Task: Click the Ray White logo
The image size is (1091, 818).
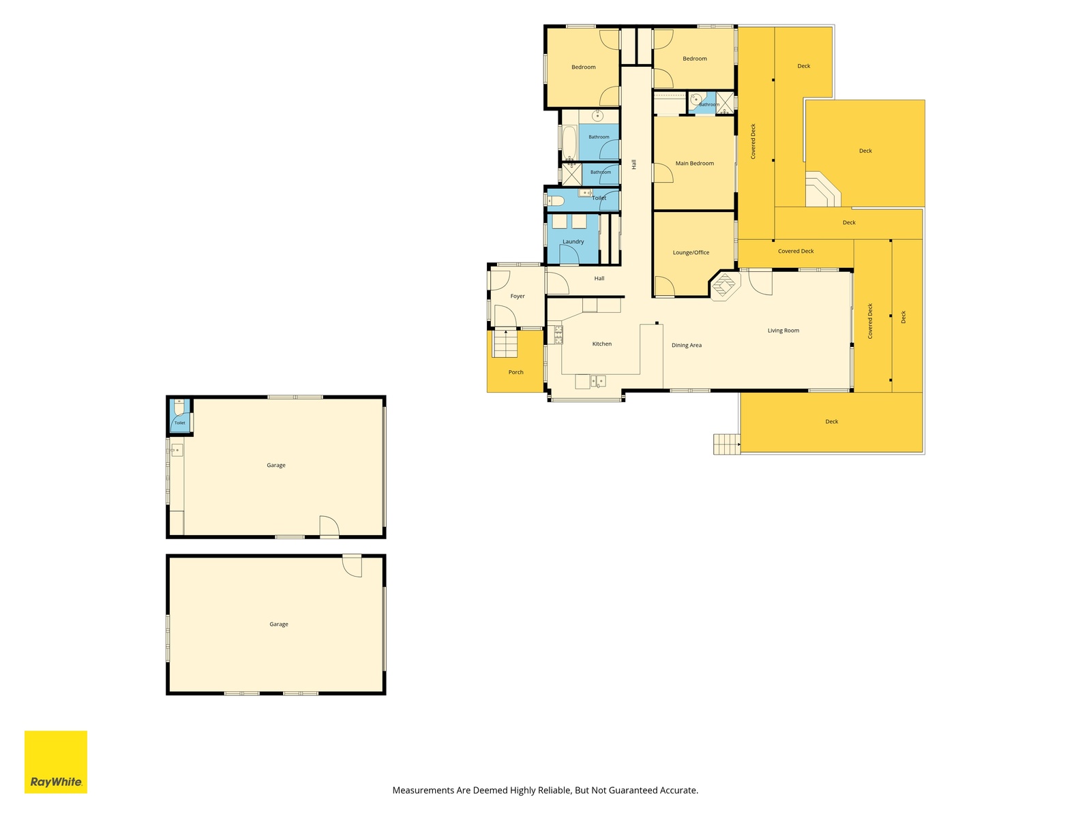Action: (56, 761)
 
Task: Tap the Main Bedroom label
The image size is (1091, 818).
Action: (694, 164)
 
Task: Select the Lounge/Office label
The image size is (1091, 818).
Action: (691, 252)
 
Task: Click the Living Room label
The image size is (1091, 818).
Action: (783, 331)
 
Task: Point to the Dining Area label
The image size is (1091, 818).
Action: (687, 345)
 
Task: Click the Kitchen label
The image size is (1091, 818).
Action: (602, 344)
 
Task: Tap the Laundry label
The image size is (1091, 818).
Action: (573, 242)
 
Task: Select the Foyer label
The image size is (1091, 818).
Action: (518, 296)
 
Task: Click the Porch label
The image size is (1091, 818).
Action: (516, 372)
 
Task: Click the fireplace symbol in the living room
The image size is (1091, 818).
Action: (725, 285)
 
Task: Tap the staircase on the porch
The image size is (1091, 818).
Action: (505, 344)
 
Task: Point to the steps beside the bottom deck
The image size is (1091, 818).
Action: (726, 444)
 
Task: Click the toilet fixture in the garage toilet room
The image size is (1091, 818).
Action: (179, 406)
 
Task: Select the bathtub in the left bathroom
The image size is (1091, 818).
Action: (569, 142)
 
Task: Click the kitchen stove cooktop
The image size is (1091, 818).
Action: (558, 335)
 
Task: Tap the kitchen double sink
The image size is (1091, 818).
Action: (598, 382)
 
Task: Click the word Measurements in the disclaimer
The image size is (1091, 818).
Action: (423, 790)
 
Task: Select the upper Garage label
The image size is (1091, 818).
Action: (276, 466)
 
